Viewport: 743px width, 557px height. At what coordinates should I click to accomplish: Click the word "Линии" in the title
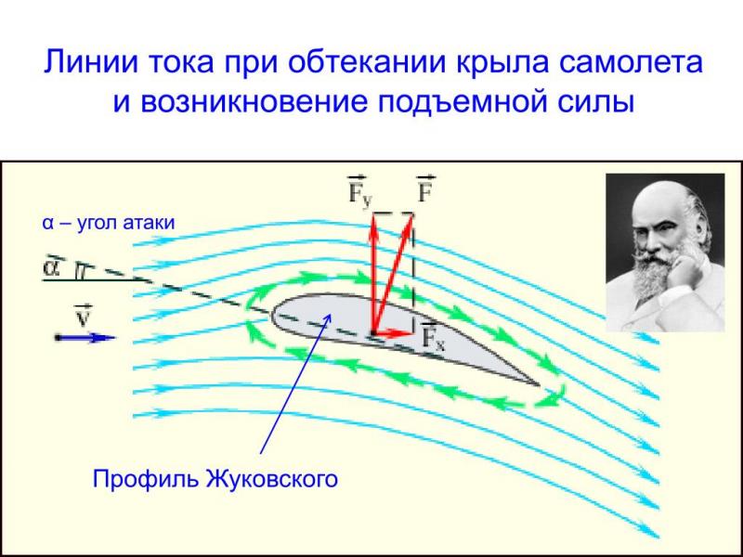click(90, 61)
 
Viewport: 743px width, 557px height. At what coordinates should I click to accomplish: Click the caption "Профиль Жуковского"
click(215, 479)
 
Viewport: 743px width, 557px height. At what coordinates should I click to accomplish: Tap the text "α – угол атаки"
click(109, 223)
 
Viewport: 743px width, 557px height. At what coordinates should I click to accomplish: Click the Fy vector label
click(360, 190)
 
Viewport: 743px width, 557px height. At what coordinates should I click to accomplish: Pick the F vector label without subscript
click(426, 189)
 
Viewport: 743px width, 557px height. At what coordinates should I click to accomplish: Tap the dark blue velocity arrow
click(85, 338)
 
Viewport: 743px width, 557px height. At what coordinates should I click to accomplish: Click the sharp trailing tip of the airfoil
click(540, 384)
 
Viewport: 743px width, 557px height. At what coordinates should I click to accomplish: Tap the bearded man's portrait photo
click(665, 253)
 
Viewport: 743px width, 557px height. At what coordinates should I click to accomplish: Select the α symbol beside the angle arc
click(51, 267)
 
